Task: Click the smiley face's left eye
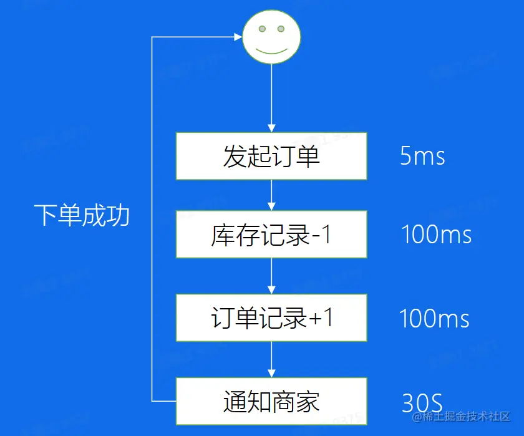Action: (263, 29)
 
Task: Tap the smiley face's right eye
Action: (281, 29)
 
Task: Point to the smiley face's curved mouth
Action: (271, 50)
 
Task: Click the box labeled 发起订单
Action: (271, 156)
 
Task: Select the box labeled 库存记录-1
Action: (271, 235)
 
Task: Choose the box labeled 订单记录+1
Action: (271, 318)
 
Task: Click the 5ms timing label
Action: (422, 156)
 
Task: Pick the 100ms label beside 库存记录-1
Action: (436, 235)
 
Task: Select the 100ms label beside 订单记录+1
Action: (434, 319)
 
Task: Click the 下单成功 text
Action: (82, 215)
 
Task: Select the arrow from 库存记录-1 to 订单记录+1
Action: (271, 276)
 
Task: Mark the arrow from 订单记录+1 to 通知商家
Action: (271, 360)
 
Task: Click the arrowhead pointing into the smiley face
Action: (238, 37)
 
